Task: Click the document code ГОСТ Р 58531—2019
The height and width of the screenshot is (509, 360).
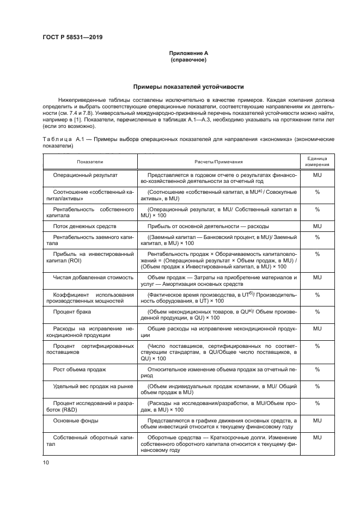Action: pyautogui.click(x=73, y=38)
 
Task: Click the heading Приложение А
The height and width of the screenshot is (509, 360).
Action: pyautogui.click(x=188, y=53)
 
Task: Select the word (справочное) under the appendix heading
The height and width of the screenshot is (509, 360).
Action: pyautogui.click(x=188, y=60)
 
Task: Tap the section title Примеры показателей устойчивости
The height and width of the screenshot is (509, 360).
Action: pyautogui.click(x=188, y=87)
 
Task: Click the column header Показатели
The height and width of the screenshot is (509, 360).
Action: pyautogui.click(x=90, y=162)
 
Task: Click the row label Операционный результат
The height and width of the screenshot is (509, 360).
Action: pyautogui.click(x=85, y=175)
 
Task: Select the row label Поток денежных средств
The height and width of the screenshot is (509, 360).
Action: pyautogui.click(x=84, y=225)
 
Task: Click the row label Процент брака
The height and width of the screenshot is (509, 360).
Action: pyautogui.click(x=72, y=311)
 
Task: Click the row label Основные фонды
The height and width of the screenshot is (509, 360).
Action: pyautogui.click(x=75, y=420)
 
